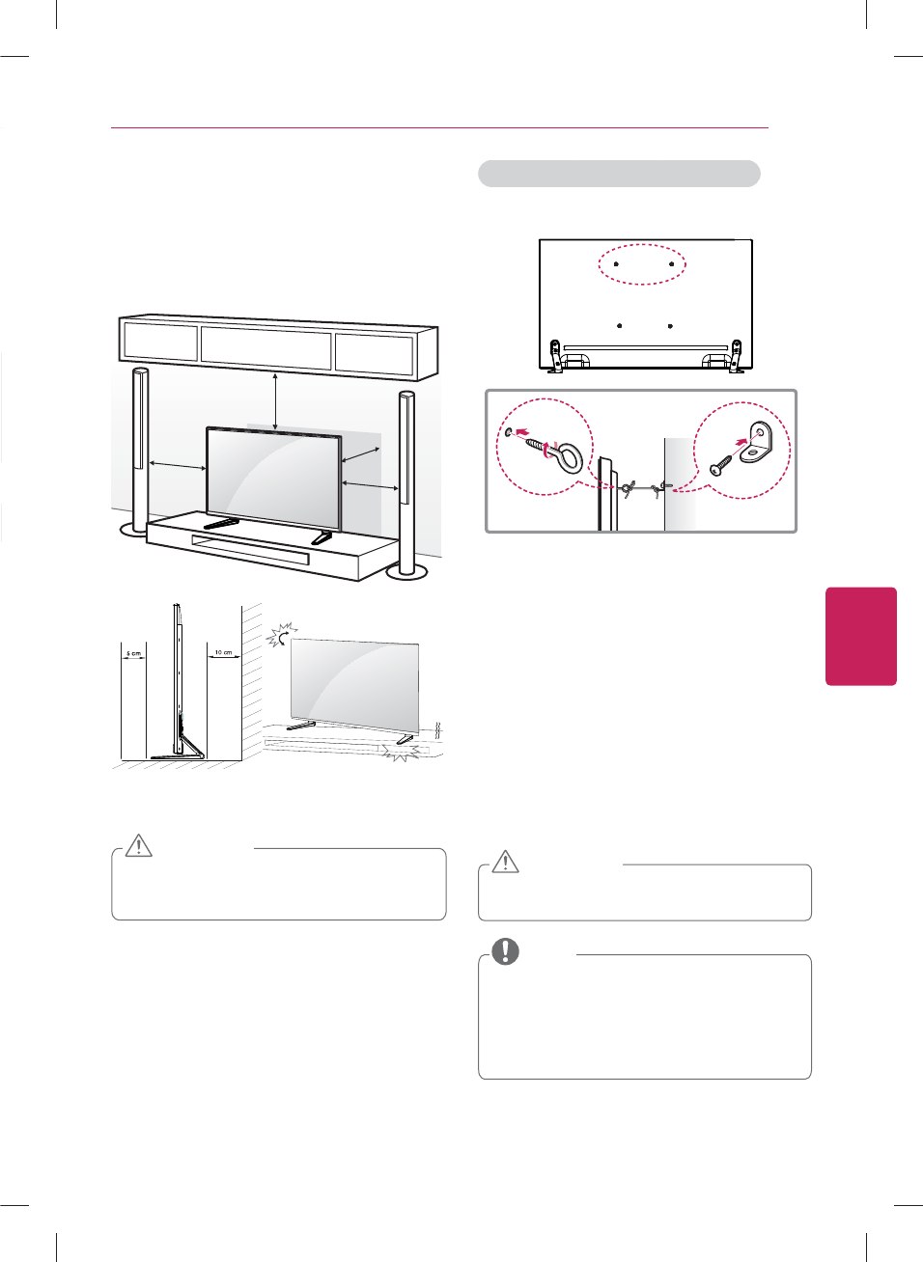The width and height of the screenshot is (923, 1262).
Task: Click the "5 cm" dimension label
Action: [133, 654]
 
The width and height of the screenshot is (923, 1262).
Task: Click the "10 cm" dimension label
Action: [223, 653]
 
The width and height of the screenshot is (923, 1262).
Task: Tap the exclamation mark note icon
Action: [505, 951]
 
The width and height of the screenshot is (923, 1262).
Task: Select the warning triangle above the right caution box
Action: [506, 861]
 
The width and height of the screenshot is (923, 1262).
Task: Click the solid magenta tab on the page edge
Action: [861, 636]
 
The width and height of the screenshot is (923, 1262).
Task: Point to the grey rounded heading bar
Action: [619, 174]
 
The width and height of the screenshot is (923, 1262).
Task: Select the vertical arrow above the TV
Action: [276, 400]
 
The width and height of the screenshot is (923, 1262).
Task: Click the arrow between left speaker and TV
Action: [177, 466]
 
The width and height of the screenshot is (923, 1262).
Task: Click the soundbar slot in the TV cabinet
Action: [250, 549]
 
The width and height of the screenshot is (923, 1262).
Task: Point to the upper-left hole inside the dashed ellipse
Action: [616, 262]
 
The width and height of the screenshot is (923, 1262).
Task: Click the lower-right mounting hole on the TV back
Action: [670, 326]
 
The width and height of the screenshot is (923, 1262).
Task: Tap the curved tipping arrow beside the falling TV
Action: [281, 635]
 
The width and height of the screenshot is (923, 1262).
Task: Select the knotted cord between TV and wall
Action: [641, 489]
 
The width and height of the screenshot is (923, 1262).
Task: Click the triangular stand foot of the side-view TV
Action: [187, 747]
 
